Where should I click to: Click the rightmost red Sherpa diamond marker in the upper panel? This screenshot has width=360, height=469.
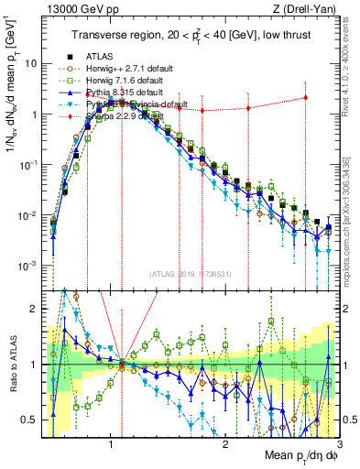(305, 98)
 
